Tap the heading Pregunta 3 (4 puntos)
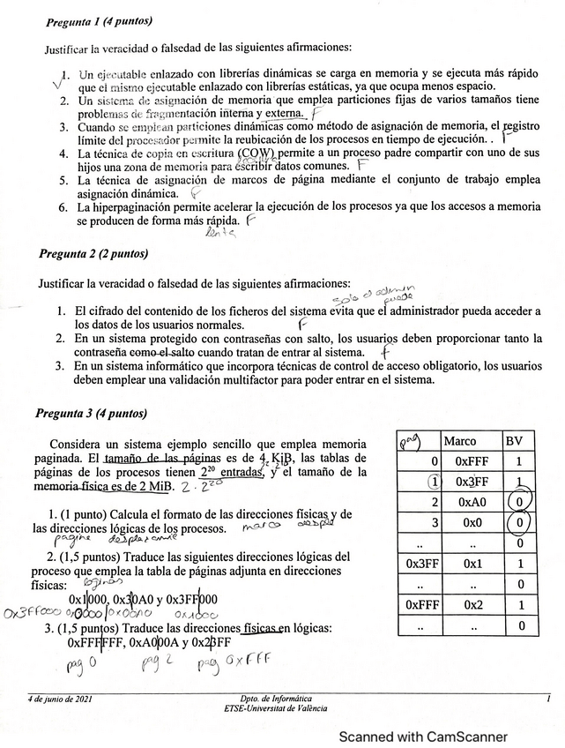(x=91, y=413)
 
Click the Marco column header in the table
(x=460, y=440)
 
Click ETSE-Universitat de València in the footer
(x=276, y=708)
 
